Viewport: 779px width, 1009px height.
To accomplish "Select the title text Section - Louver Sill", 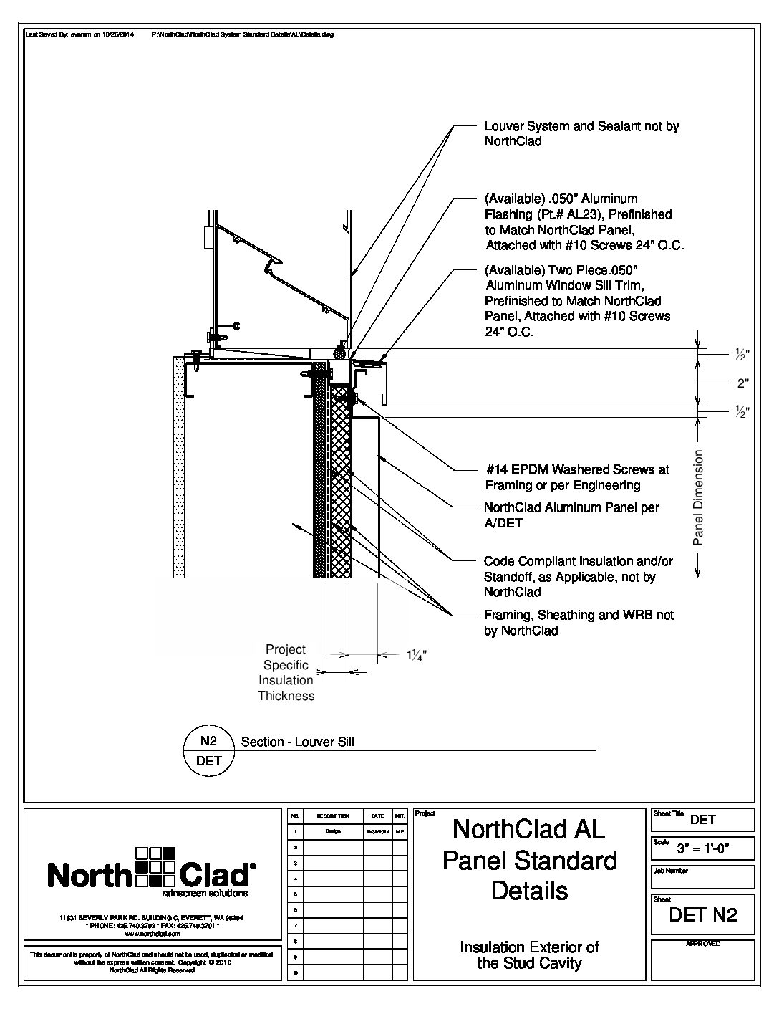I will (x=298, y=742).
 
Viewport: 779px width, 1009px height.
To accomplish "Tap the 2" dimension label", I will (x=742, y=383).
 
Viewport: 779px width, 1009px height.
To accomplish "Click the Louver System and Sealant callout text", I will (x=581, y=134).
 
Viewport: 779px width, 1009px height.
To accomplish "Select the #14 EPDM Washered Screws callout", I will (x=577, y=477).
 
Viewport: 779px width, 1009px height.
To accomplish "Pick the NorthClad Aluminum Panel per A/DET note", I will (x=571, y=515).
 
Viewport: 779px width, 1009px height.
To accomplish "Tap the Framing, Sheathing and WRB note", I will (x=579, y=623).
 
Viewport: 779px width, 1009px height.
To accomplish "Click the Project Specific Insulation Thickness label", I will (x=286, y=672).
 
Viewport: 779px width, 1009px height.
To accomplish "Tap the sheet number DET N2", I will (x=702, y=915).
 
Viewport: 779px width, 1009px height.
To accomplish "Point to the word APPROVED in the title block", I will (x=703, y=945).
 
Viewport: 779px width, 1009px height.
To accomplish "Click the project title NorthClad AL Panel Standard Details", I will (x=529, y=859).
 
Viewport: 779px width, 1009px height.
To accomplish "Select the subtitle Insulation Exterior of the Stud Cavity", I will (x=529, y=955).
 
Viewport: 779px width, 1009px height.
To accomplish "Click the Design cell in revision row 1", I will (x=333, y=831).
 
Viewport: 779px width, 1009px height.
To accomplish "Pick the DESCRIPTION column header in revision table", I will (x=333, y=816).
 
